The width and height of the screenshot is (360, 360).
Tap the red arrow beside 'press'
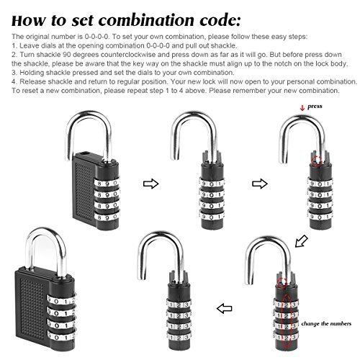pyautogui.click(x=302, y=108)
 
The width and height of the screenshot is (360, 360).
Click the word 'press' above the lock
pyautogui.click(x=315, y=107)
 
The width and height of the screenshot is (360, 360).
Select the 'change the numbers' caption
pyautogui.click(x=326, y=323)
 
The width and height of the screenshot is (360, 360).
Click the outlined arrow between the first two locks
pyautogui.click(x=151, y=184)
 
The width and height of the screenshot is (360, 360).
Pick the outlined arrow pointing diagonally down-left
pyautogui.click(x=301, y=241)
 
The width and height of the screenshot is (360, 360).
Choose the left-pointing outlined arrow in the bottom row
pyautogui.click(x=224, y=308)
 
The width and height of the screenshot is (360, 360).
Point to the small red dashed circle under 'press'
pyautogui.click(x=317, y=161)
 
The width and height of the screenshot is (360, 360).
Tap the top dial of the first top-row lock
pyautogui.click(x=107, y=183)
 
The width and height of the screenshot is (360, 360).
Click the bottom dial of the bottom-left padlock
pyautogui.click(x=61, y=336)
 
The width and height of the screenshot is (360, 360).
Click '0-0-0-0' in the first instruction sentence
pyautogui.click(x=97, y=37)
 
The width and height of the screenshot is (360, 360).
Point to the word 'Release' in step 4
pyautogui.click(x=32, y=81)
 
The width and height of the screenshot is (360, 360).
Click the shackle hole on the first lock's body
pyautogui.click(x=84, y=153)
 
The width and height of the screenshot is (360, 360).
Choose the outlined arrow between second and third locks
pyautogui.click(x=260, y=184)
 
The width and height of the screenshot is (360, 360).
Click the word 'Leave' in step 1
pyautogui.click(x=29, y=45)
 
